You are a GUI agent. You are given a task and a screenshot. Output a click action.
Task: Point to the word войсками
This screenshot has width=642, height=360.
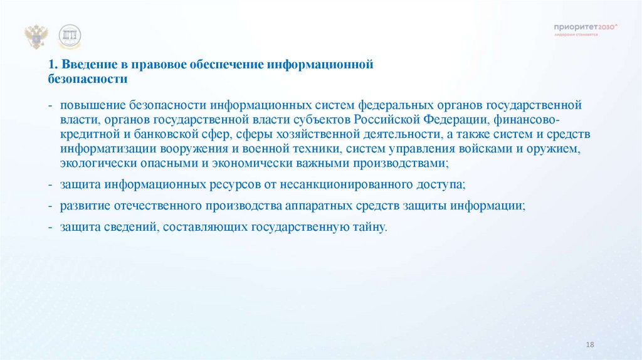point(483,149)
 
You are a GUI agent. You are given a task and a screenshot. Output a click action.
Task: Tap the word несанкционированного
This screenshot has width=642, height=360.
point(327,185)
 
